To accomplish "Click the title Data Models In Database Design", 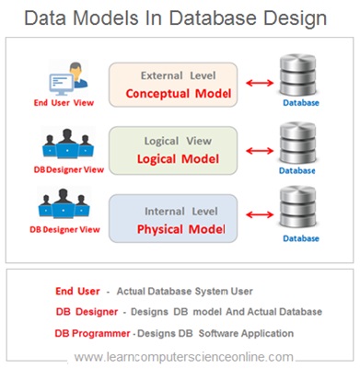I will [x=180, y=18].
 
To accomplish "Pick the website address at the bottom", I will [x=184, y=356].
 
